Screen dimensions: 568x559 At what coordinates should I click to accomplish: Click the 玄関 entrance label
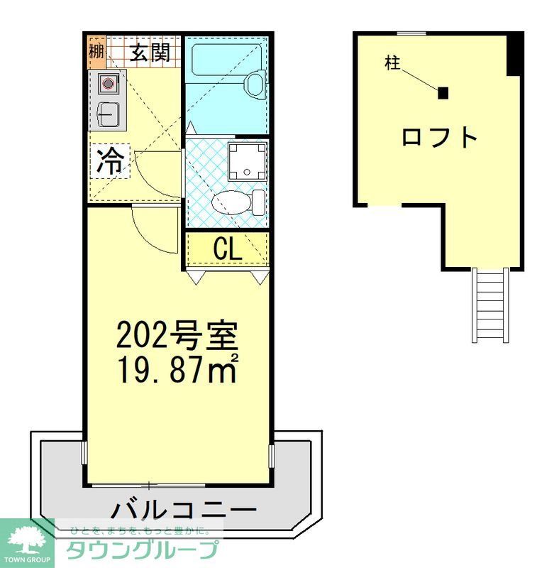click(149, 53)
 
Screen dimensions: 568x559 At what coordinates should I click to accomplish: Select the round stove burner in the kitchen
click(108, 84)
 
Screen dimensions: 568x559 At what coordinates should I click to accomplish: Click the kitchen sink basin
click(108, 113)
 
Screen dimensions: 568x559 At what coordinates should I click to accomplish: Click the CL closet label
click(228, 248)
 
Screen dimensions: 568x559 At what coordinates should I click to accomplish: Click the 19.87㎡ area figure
click(176, 368)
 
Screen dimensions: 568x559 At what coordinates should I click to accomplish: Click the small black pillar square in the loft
click(443, 93)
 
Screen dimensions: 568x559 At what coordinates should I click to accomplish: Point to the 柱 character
click(392, 63)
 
